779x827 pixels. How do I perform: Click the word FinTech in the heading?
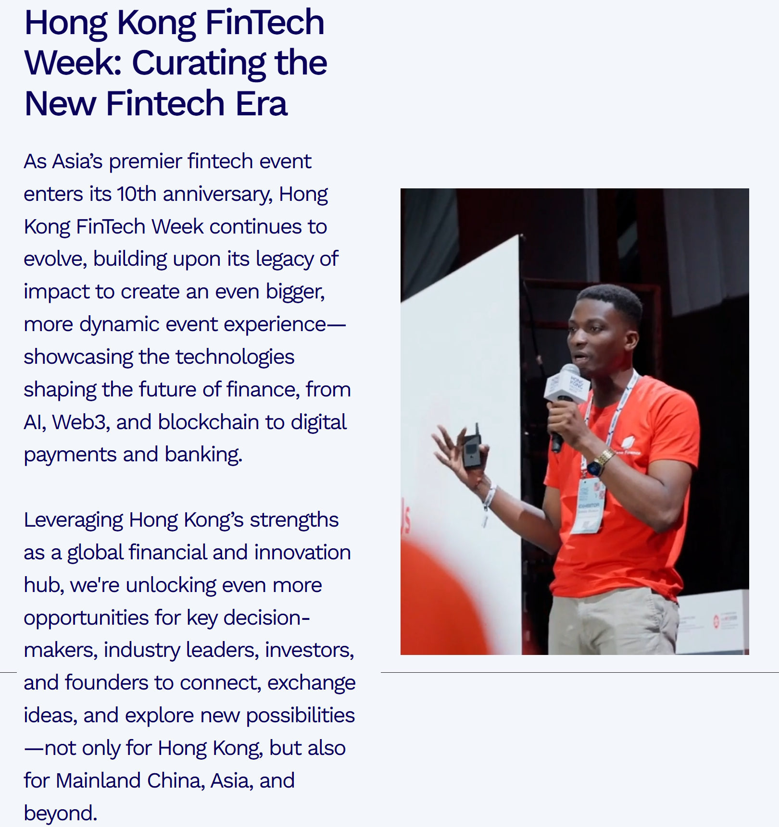tap(265, 23)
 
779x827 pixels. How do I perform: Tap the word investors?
tap(309, 651)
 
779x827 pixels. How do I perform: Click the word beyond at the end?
tap(61, 813)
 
